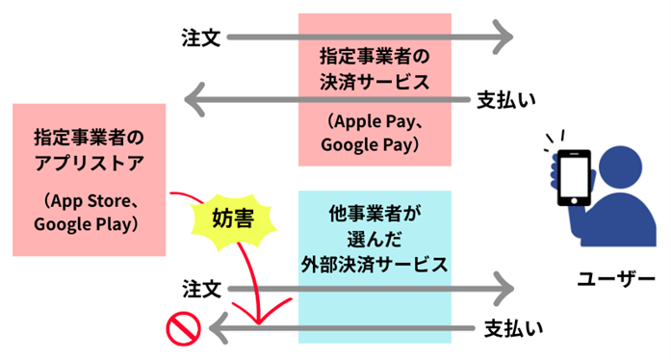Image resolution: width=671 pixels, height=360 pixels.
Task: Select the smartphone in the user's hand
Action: (x=575, y=178)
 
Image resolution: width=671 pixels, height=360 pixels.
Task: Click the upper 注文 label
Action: (x=201, y=39)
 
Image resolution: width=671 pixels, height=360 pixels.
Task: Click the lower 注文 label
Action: (x=201, y=288)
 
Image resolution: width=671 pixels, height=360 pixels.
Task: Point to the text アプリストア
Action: (x=88, y=161)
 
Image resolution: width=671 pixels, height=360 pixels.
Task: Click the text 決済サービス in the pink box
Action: (x=374, y=82)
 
